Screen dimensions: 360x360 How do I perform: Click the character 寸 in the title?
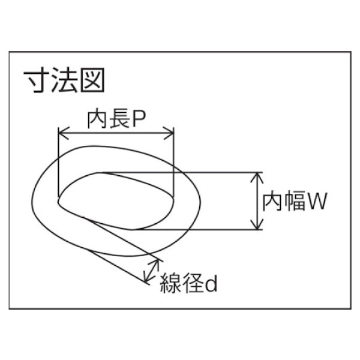(37, 80)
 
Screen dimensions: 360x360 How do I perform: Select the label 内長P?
(116, 119)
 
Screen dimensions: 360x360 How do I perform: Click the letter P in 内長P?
(140, 119)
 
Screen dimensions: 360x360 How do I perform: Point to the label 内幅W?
(294, 201)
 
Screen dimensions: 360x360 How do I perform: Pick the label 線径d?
(188, 283)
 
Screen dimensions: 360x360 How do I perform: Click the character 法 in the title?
(65, 80)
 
